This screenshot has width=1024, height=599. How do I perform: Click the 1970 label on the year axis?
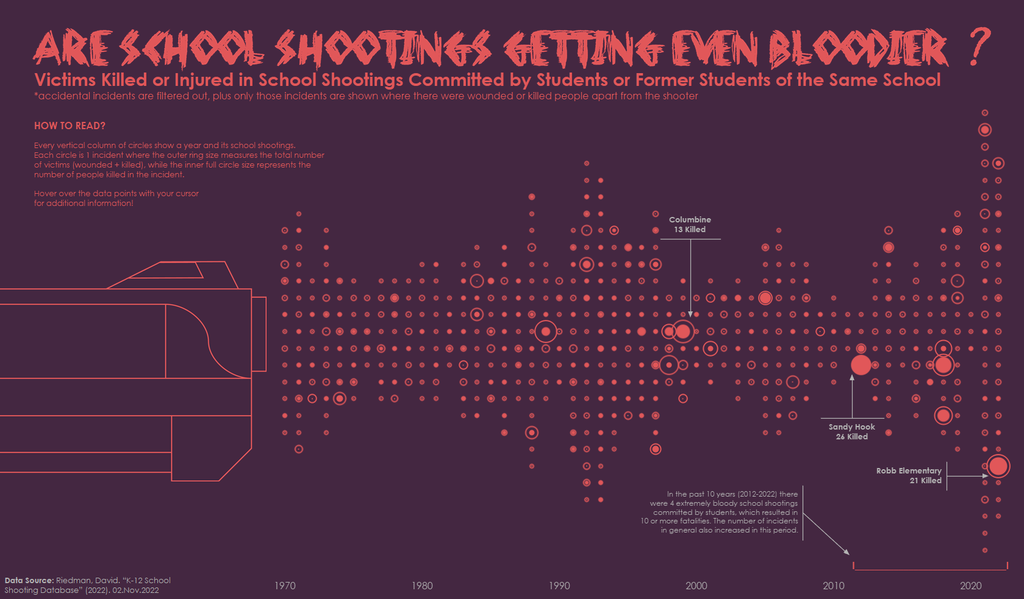coord(285,586)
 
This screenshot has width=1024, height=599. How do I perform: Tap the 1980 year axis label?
coord(422,586)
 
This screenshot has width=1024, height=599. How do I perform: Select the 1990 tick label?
coord(559,586)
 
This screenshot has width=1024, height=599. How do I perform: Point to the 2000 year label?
coord(696,586)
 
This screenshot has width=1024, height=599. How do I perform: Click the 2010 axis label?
coord(834,586)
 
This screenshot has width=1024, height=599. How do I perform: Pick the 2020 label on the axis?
coord(971,586)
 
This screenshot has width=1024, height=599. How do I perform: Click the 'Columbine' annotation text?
coord(690,219)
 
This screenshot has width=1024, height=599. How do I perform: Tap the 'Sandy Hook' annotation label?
coord(851,427)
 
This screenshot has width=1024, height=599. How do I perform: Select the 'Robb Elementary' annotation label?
coord(909,470)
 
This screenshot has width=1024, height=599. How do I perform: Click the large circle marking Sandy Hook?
coord(861,365)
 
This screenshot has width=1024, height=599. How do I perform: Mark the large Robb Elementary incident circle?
coord(998,466)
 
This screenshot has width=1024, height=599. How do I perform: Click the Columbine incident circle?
coord(683,331)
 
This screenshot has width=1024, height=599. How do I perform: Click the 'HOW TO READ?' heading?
coord(70,126)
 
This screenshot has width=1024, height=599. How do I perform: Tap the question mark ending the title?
coord(979,47)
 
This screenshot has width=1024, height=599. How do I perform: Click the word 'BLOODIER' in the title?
coord(858,49)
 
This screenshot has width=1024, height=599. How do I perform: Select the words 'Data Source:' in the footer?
coord(29,580)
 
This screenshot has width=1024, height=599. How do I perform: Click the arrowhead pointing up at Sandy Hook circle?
coord(852,378)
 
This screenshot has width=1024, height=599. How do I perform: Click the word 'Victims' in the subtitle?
coord(65,80)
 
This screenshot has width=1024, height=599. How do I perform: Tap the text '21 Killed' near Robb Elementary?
coord(925,480)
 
